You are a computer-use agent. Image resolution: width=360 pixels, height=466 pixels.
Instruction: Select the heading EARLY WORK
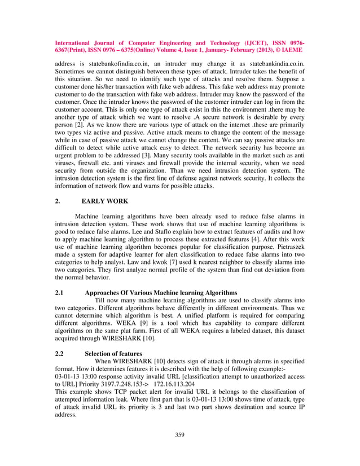point(105,201)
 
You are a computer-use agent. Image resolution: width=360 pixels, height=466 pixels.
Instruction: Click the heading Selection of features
point(117,353)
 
